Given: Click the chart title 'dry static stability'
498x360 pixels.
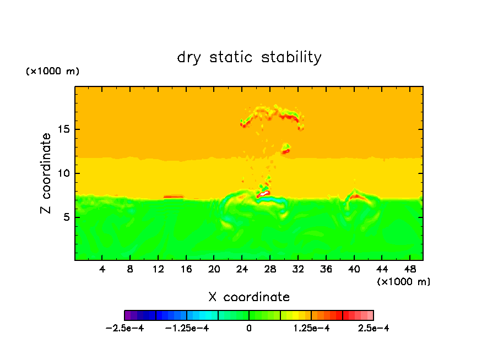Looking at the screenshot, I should (x=249, y=57).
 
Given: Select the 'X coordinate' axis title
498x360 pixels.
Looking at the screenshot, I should (x=249, y=297).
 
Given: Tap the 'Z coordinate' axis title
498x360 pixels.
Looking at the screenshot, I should (x=46, y=173).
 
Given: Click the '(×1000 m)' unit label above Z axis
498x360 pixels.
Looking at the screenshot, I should (x=53, y=71).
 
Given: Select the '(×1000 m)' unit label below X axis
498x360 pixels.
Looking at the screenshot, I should (x=404, y=281).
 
